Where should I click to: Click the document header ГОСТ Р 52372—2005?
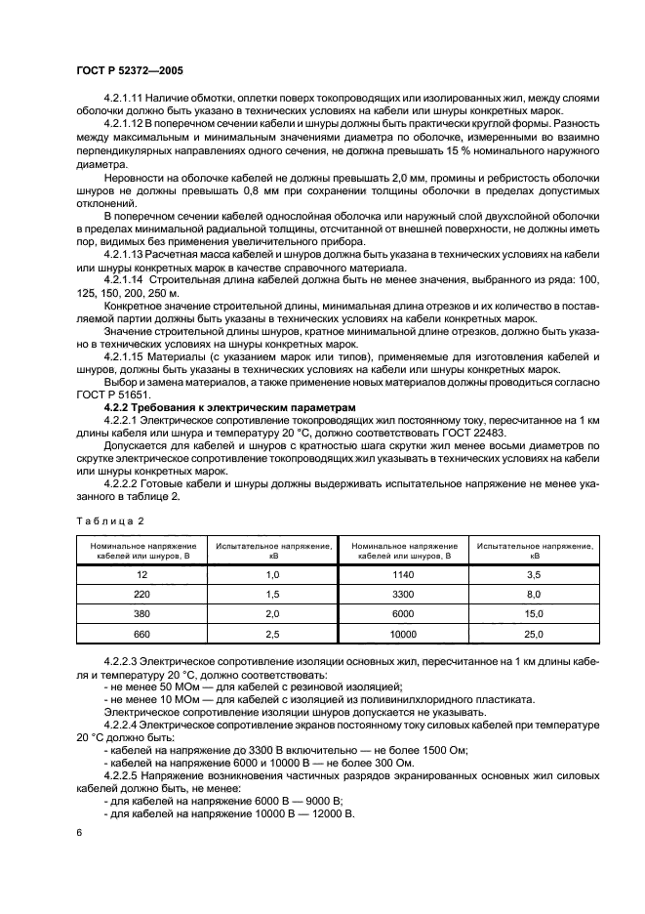124,71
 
